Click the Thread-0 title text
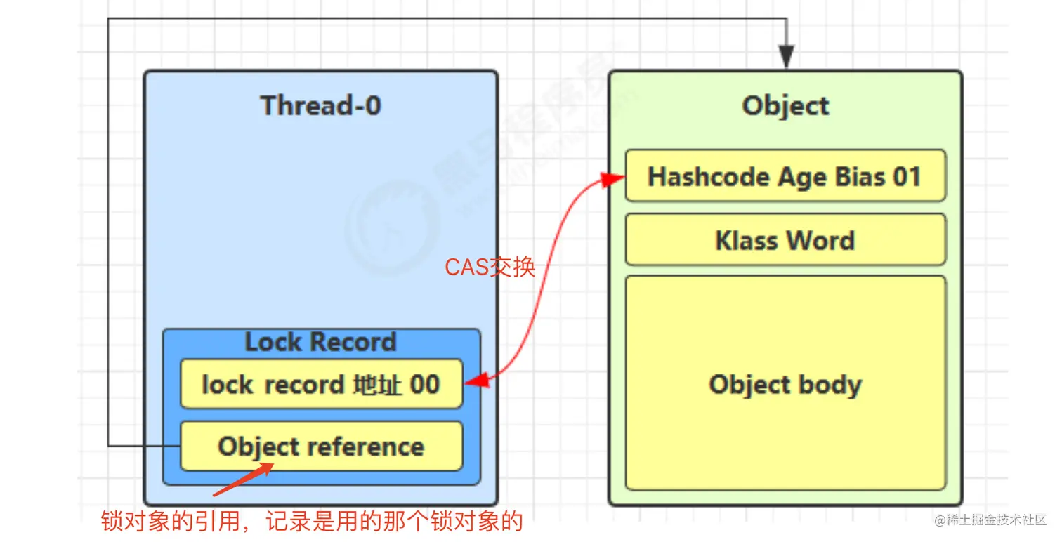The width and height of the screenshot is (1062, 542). pos(321,105)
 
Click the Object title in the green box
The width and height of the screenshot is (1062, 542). pos(785,106)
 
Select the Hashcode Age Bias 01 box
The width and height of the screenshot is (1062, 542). pos(785,176)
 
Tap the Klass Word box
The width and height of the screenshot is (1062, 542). pos(785,240)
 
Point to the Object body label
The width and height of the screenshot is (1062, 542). pos(785,385)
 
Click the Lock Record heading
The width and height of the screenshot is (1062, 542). pos(321,342)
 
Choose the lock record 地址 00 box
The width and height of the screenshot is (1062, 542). pos(321,384)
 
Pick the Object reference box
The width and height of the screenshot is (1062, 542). pos(321,447)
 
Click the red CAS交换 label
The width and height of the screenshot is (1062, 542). pos(490,267)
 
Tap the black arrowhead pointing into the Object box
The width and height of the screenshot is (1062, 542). pos(786,58)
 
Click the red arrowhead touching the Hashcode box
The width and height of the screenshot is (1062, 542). pos(616,178)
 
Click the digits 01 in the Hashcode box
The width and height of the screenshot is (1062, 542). pos(907,176)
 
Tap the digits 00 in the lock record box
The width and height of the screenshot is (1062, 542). pos(425,384)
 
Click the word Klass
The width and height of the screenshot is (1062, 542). pos(746,240)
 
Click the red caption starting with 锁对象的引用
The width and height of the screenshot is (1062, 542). pos(312,522)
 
